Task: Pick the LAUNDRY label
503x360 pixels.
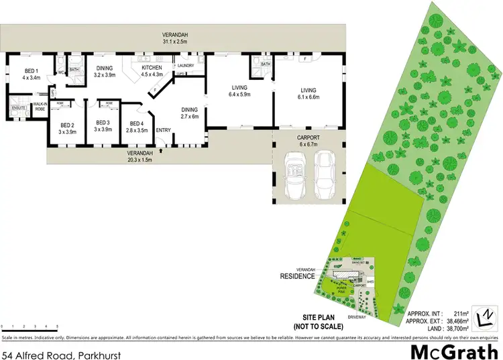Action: point(185,65)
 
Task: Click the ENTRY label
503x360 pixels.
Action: point(164,130)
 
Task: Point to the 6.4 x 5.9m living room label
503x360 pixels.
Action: point(239,91)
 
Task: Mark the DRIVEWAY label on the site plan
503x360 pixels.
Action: point(356,315)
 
